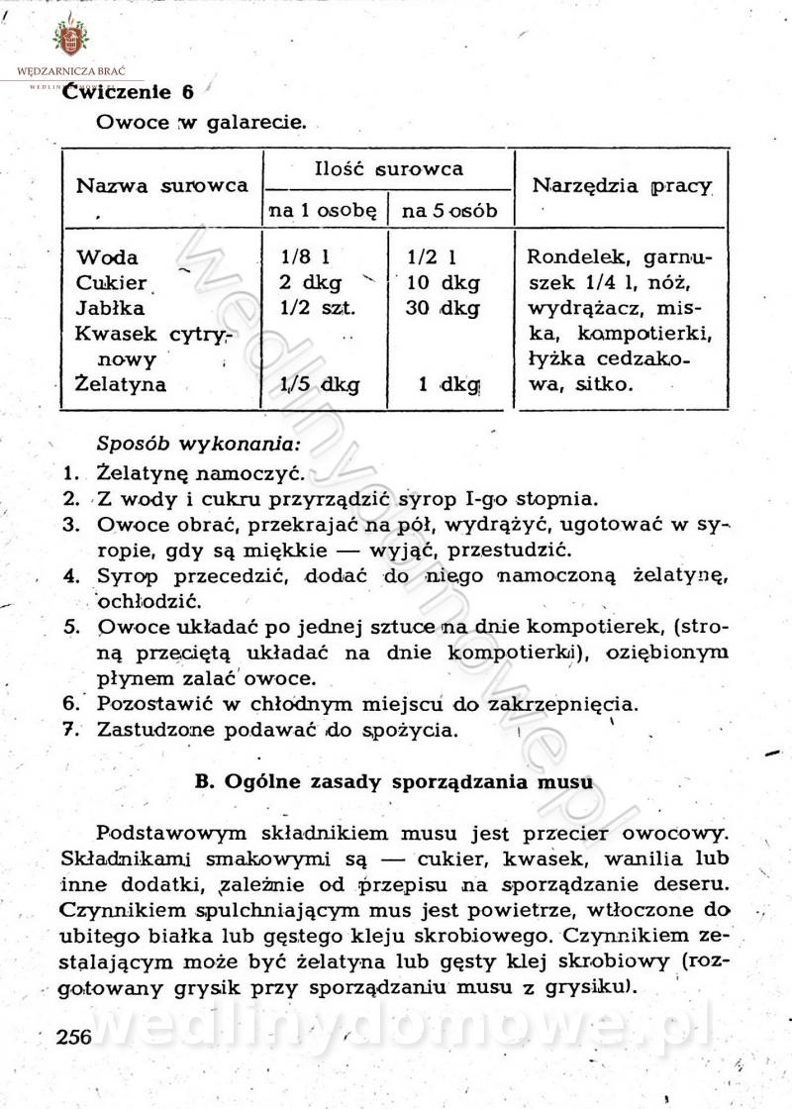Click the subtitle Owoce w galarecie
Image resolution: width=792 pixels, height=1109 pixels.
(x=201, y=125)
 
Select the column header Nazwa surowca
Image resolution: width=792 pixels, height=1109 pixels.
(x=162, y=185)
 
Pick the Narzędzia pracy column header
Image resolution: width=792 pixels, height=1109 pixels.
(x=623, y=185)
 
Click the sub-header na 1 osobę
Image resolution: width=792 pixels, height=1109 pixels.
(x=323, y=211)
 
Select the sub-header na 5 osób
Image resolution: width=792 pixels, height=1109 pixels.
(x=449, y=211)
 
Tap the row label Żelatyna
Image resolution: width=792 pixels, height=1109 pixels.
(x=121, y=383)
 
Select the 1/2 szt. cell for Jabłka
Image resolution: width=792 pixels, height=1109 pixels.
(x=316, y=308)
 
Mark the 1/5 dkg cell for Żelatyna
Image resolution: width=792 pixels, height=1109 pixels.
(x=319, y=383)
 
